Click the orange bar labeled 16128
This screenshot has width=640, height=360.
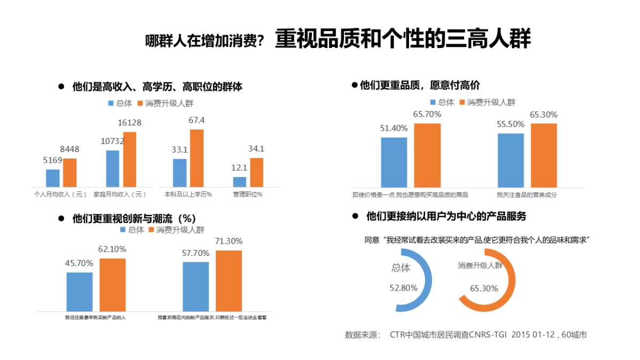pos(130,159)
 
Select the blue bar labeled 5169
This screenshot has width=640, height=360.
pos(53,178)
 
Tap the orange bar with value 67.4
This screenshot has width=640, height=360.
pos(197,158)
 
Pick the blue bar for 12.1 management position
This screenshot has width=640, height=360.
pos(240,181)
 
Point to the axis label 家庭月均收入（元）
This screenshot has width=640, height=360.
pos(119,194)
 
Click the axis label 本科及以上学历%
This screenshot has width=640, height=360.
pos(188,194)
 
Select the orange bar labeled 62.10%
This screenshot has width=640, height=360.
pos(113,284)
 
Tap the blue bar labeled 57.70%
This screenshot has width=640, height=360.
pos(196,286)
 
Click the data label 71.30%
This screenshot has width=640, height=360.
pos(229,241)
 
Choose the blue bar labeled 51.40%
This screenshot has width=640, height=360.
pos(394,162)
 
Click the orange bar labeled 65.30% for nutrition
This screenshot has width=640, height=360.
pos(543,155)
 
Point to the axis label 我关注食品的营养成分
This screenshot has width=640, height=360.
pos(526,195)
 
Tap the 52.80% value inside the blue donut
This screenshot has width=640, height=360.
pos(404,288)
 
